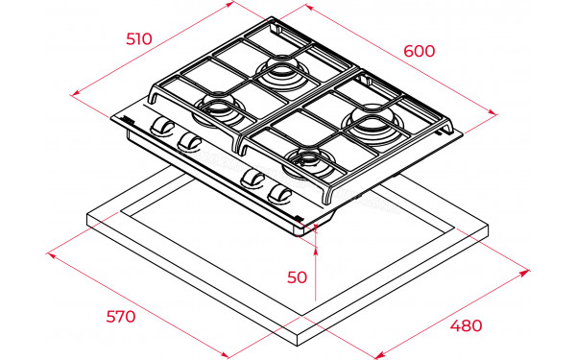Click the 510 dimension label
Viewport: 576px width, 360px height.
(x=139, y=39)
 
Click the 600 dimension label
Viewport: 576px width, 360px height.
(x=420, y=51)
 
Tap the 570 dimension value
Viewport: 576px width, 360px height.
(x=121, y=316)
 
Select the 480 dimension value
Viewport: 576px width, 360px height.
(x=467, y=325)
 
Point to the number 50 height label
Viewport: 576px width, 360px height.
(x=297, y=277)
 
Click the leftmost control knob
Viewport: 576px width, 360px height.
(x=161, y=126)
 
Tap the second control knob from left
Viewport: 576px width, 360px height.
(x=189, y=142)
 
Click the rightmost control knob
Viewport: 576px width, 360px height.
(x=279, y=195)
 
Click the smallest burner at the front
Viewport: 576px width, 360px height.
(x=308, y=161)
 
